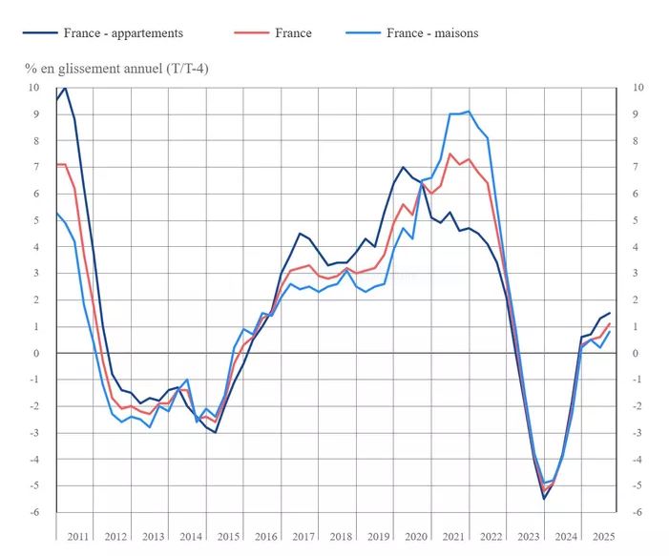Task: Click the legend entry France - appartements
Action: click(x=123, y=32)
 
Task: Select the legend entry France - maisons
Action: click(x=432, y=32)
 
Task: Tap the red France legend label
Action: click(x=293, y=32)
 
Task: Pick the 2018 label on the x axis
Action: click(x=341, y=537)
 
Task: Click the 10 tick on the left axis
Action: click(x=33, y=88)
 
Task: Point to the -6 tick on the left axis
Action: click(x=33, y=513)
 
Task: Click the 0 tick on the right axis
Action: click(x=638, y=354)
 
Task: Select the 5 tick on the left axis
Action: click(x=35, y=220)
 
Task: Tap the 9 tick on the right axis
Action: click(x=638, y=114)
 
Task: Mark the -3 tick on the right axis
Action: click(x=638, y=433)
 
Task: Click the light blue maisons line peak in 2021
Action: click(x=469, y=112)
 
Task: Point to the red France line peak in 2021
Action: click(x=450, y=154)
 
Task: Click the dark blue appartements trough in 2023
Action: click(x=544, y=499)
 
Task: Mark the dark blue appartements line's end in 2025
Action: click(x=610, y=313)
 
